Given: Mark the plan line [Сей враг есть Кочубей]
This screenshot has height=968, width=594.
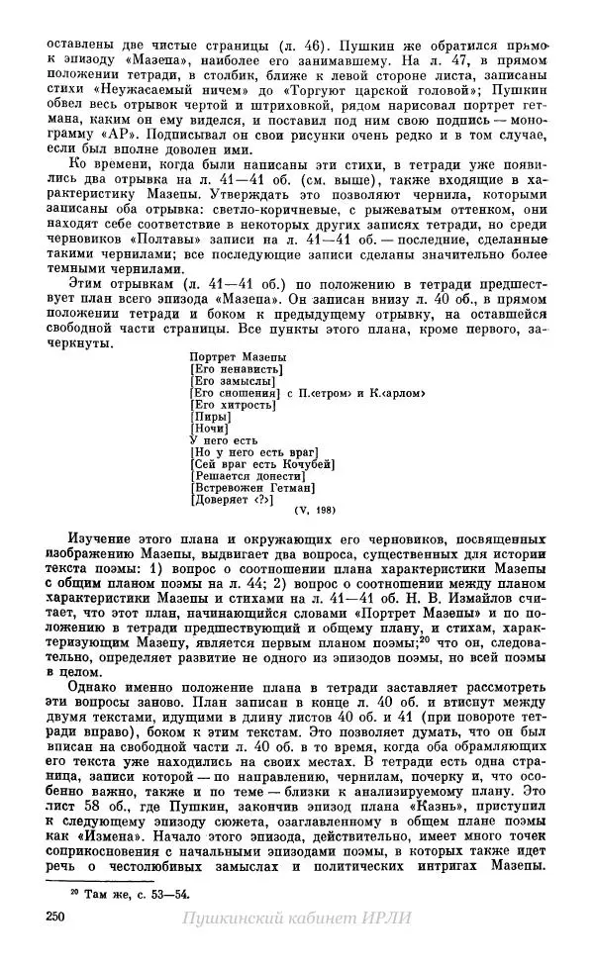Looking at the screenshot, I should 259,462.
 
